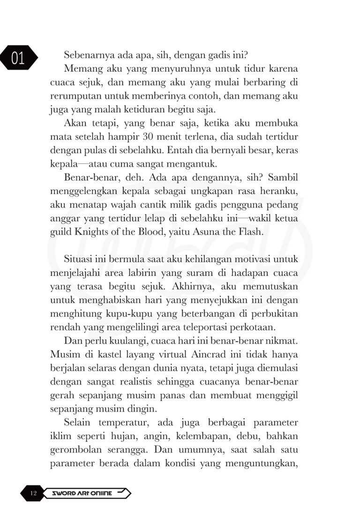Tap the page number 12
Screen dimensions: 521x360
33,493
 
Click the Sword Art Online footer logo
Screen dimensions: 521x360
87,493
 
